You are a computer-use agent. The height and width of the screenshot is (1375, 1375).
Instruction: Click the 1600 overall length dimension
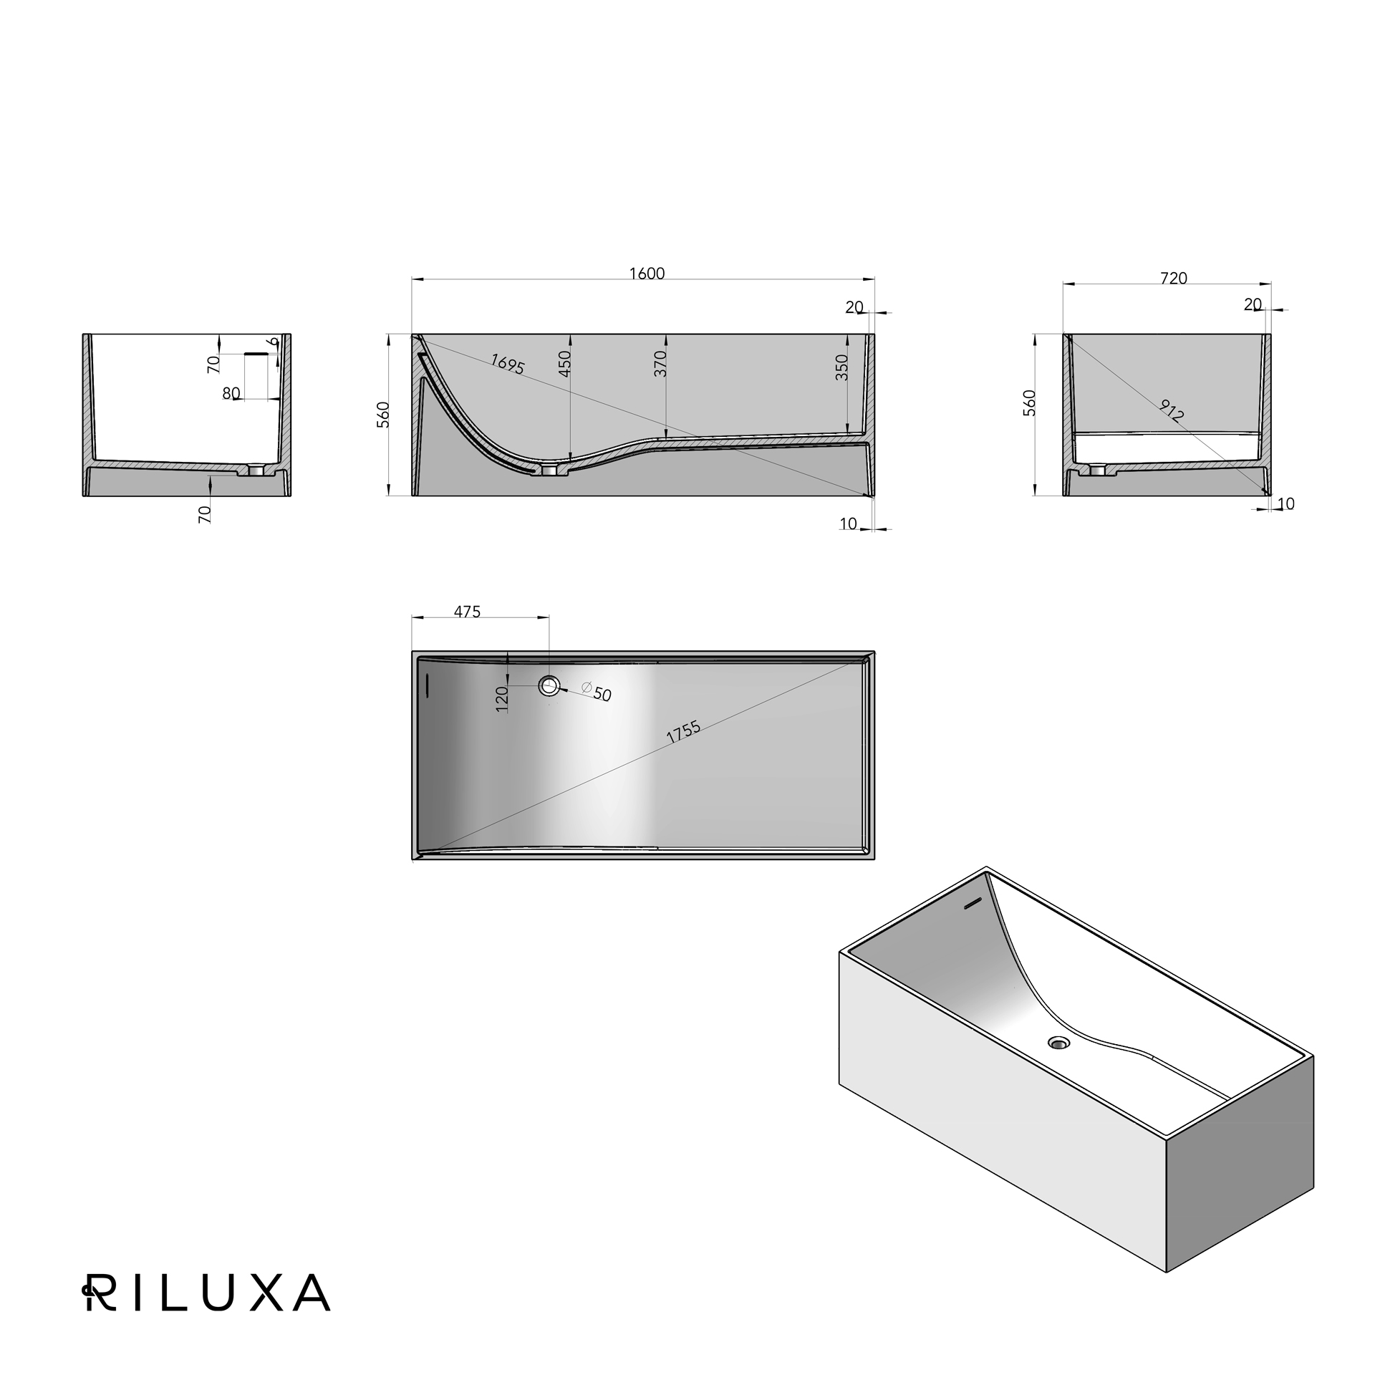pos(647,274)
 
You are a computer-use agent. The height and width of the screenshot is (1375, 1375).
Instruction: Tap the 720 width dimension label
pos(1174,279)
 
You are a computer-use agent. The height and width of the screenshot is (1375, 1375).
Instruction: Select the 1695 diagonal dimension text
pos(508,365)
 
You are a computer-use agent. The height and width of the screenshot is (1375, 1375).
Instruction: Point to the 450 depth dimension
pos(565,364)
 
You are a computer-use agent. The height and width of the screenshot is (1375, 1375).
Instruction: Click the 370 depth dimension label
pos(660,363)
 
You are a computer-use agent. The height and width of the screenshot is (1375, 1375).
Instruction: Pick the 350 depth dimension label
pos(842,367)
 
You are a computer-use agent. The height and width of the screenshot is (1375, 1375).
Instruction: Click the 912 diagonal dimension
pos(1172,410)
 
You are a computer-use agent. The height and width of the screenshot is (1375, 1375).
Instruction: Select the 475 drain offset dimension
pos(468,612)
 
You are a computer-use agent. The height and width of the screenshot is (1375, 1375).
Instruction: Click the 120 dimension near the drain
pos(501,698)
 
